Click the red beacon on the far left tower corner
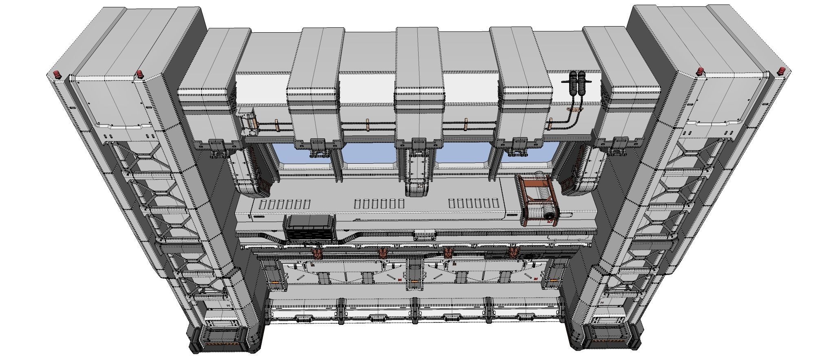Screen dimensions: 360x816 [x=57, y=75]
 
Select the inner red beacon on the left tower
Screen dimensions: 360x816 [x=140, y=73]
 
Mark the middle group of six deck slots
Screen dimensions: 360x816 [x=379, y=204]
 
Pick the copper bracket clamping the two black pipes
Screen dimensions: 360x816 [x=574, y=110]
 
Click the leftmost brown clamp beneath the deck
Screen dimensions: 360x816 [x=317, y=254]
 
